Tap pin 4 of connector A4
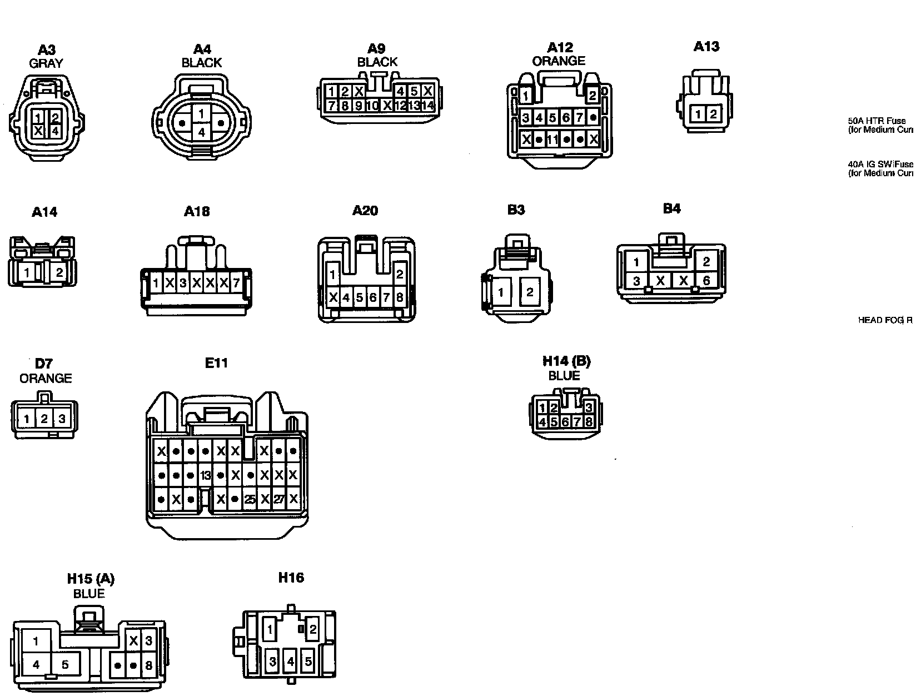pyautogui.click(x=202, y=132)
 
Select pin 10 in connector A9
pyautogui.click(x=372, y=105)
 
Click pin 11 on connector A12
pyautogui.click(x=552, y=140)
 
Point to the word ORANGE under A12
pyautogui.click(x=559, y=61)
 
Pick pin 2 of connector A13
pyautogui.click(x=713, y=115)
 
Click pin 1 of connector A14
pyautogui.click(x=27, y=272)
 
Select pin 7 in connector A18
pyautogui.click(x=236, y=283)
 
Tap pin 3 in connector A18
pyautogui.click(x=183, y=283)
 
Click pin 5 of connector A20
pyautogui.click(x=360, y=297)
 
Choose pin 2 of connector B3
pyautogui.click(x=529, y=292)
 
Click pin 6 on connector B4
pyautogui.click(x=706, y=281)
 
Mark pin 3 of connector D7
pyautogui.click(x=62, y=419)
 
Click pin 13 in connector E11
pyautogui.click(x=206, y=475)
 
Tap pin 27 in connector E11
pyautogui.click(x=279, y=499)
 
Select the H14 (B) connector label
pyautogui.click(x=566, y=361)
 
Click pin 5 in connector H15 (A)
pyautogui.click(x=65, y=664)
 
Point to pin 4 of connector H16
pyautogui.click(x=290, y=662)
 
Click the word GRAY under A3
pyautogui.click(x=46, y=63)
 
